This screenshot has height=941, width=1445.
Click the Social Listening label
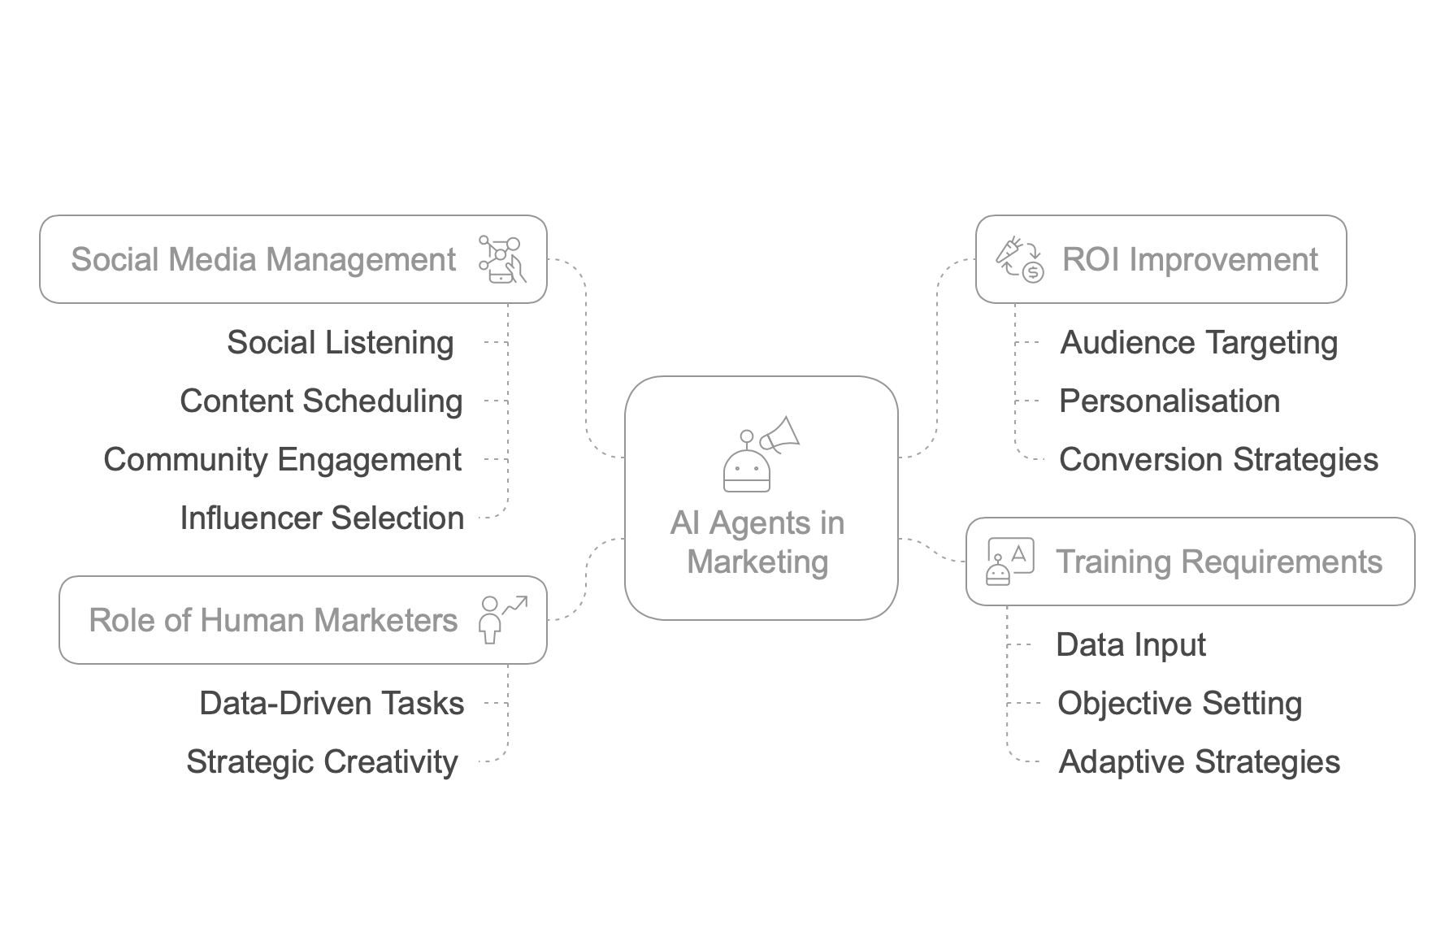[x=340, y=343]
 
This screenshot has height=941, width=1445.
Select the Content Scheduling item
[x=321, y=401]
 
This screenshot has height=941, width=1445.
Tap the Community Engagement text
[x=283, y=460]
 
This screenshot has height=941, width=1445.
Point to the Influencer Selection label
[x=322, y=518]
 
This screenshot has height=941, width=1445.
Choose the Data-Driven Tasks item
[x=332, y=704]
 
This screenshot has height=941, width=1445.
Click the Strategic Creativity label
[x=322, y=762]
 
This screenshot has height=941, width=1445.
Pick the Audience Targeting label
[x=1199, y=343]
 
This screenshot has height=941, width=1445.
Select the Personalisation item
[x=1169, y=401]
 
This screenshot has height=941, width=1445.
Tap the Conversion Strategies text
[x=1218, y=460]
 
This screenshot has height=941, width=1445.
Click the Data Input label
[x=1130, y=645]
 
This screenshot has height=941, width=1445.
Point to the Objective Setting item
[x=1179, y=704]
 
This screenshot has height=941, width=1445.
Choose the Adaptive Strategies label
[x=1199, y=762]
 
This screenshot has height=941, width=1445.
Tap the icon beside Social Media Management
[x=502, y=259]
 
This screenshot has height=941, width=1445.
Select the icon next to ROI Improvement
[x=1019, y=259]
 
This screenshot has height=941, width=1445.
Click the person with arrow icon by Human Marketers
[x=502, y=620]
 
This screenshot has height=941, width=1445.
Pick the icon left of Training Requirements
[x=1009, y=562]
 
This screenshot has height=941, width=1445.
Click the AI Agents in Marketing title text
[x=757, y=542]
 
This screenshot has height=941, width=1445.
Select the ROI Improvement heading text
[x=1190, y=260]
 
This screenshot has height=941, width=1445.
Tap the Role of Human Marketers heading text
[x=273, y=621]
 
